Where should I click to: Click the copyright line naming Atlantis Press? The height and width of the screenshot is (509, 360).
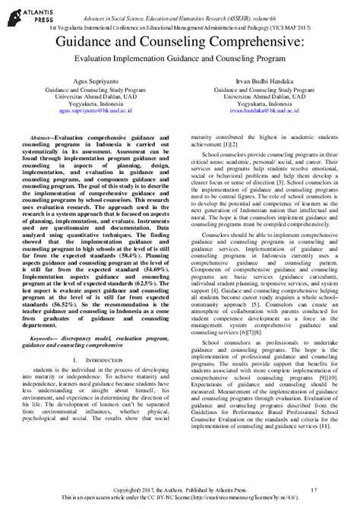pyautogui.click(x=181, y=490)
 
